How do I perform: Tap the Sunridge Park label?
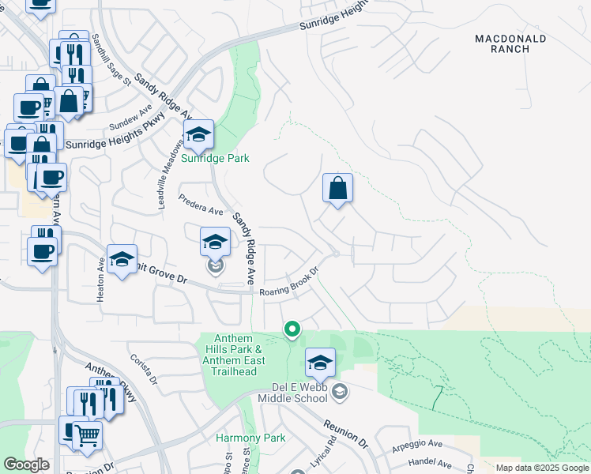pos(216,158)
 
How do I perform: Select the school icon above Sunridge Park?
pos(198,135)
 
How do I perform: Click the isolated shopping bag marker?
pos(337,189)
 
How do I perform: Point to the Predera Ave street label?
pos(201,205)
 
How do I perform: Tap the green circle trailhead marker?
pos(292,329)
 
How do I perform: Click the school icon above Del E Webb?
pos(320,363)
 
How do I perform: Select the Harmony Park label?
pos(250,438)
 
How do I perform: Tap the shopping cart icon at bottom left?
pos(87,435)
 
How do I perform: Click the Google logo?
pos(26,465)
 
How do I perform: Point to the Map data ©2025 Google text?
pos(541,468)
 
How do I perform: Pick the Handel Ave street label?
pos(429,465)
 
